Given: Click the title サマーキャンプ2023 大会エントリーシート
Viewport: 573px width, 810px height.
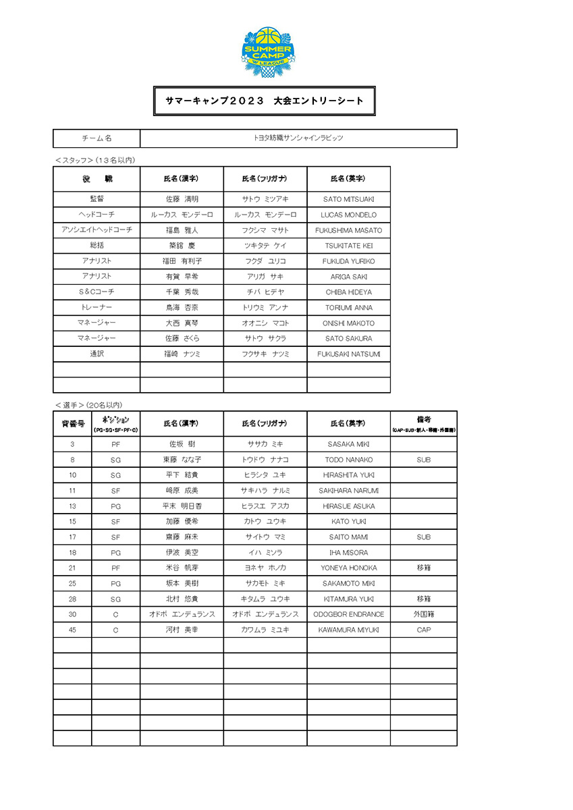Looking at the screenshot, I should [265, 101].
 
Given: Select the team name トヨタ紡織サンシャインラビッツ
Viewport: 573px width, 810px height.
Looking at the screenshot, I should [298, 138].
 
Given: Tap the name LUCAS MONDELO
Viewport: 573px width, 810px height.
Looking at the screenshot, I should [348, 215].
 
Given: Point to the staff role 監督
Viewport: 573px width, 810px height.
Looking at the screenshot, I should [97, 199].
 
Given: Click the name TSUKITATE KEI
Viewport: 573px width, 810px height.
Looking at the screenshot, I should [348, 246].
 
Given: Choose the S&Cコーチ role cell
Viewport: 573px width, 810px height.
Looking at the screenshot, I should [97, 292].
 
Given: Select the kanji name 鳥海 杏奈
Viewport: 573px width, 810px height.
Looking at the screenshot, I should [182, 308].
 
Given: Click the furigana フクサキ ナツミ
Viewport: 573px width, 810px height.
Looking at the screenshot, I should [265, 354].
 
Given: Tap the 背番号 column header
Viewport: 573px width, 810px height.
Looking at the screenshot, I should [72, 423].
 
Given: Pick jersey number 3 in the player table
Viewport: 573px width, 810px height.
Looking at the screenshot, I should [72, 444].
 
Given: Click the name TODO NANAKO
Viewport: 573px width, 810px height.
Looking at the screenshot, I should [348, 460].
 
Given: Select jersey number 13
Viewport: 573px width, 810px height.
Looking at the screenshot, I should [72, 506].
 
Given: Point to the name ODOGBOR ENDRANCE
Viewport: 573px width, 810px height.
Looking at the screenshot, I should [348, 614].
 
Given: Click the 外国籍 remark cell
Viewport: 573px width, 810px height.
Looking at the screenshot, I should [423, 614].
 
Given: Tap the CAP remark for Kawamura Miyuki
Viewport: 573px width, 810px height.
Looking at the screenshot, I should [423, 630].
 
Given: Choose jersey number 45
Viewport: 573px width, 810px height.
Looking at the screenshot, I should [72, 630].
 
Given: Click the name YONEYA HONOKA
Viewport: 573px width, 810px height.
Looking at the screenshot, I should [348, 568].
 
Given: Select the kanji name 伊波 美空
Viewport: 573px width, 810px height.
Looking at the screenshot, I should [182, 553].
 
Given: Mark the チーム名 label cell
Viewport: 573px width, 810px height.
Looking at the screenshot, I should [97, 138].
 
